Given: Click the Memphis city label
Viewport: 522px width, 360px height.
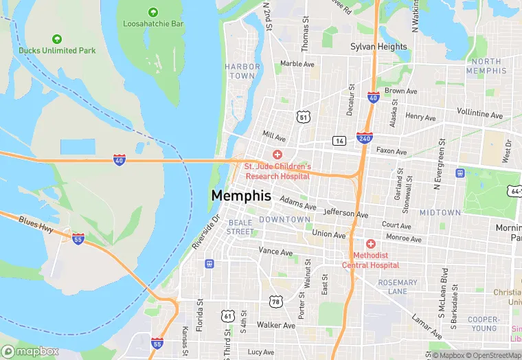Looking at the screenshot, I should (x=241, y=196).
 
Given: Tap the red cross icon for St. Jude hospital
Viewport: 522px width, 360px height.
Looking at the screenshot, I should (x=277, y=155).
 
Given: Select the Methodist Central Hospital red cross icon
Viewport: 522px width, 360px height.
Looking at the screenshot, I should (x=371, y=244).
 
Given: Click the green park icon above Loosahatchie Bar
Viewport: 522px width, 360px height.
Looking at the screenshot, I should (x=153, y=12).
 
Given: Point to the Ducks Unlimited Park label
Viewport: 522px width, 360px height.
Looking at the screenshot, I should (x=57, y=49).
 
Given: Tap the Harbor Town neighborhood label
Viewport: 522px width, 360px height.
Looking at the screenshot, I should (x=242, y=71).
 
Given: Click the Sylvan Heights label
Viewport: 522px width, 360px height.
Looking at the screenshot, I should (x=378, y=47).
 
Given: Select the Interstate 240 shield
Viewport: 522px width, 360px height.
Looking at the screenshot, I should (x=365, y=139).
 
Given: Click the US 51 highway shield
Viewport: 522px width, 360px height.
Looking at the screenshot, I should (x=303, y=117).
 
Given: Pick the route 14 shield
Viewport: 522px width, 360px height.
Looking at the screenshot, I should (x=339, y=141).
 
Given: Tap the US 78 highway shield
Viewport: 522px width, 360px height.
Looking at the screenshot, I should (x=276, y=302).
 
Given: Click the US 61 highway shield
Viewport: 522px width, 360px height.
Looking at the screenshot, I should (x=228, y=315).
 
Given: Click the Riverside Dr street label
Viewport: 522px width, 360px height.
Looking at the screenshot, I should (x=205, y=232).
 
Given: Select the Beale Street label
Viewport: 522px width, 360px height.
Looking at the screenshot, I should (x=240, y=227).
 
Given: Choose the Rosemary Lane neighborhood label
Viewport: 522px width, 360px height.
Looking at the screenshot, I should (x=397, y=287).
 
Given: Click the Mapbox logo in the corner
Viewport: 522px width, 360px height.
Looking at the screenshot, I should (x=30, y=351).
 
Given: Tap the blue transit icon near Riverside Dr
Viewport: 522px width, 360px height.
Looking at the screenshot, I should (x=209, y=263).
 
